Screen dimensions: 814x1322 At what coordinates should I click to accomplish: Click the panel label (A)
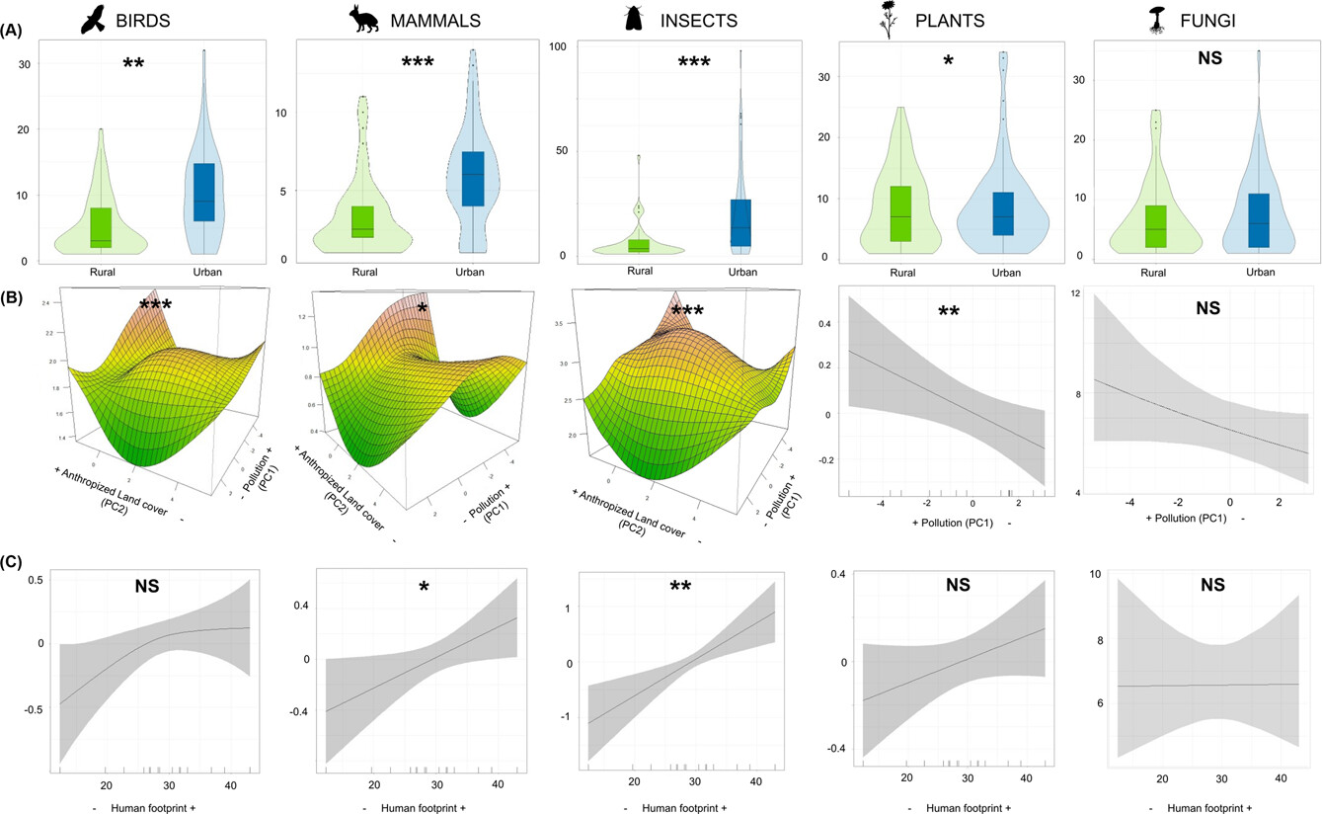click(15, 30)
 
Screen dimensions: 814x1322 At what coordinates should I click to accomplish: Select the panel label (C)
click(15, 563)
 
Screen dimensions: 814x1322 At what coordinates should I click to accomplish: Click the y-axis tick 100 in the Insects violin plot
click(557, 46)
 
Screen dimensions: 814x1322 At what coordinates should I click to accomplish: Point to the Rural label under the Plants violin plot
click(900, 273)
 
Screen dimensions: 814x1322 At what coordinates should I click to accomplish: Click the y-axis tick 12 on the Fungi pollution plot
click(1079, 294)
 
